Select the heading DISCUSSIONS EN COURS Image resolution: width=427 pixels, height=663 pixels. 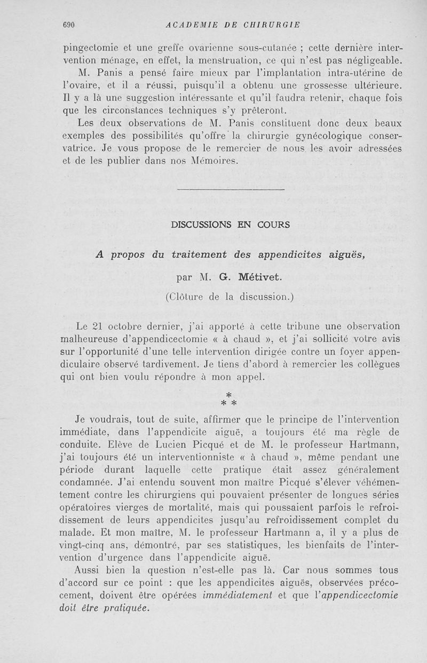pos(231,225)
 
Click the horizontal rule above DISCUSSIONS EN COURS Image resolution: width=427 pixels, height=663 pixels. pos(231,189)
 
